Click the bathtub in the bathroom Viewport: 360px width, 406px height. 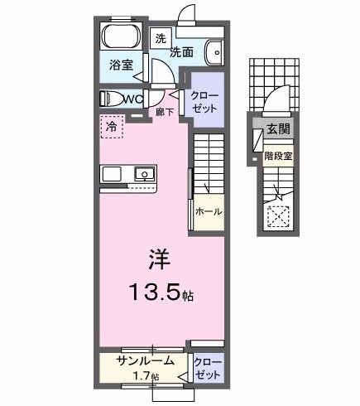point(122,37)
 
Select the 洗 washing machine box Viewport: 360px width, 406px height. point(161,38)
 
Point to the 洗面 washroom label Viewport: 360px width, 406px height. point(183,51)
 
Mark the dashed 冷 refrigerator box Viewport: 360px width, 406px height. point(110,127)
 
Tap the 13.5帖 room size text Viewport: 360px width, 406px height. point(163,292)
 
